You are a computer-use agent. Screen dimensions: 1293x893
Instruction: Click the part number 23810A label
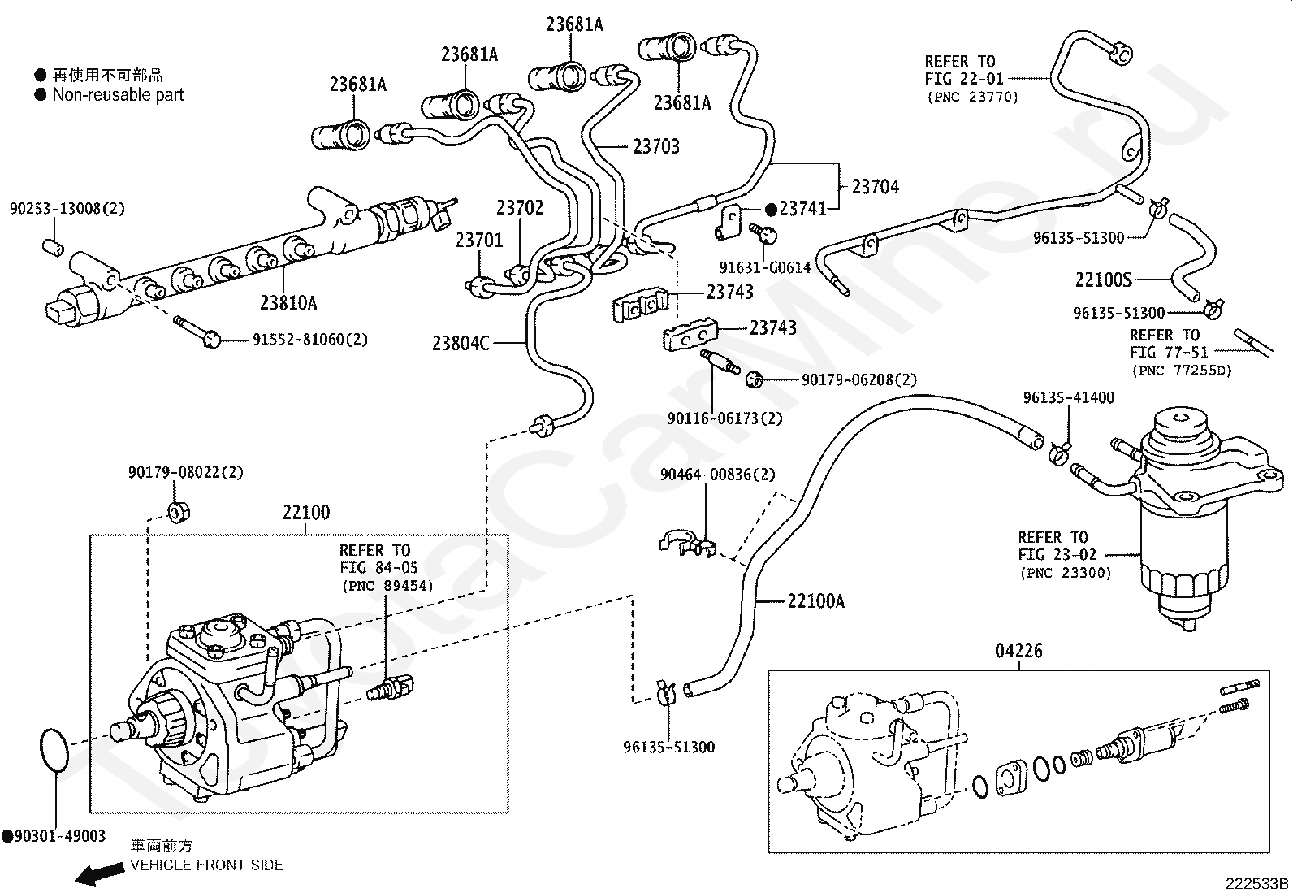(288, 302)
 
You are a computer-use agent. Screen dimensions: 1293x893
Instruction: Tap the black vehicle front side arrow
(99, 874)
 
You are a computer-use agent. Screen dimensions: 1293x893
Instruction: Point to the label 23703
(656, 147)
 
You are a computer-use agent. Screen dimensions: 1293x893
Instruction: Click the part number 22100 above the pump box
(306, 513)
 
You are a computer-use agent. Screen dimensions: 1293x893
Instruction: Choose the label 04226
(1018, 651)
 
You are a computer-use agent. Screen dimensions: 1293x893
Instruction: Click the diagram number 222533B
(1257, 883)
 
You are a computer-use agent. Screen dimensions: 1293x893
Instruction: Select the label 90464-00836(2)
(717, 475)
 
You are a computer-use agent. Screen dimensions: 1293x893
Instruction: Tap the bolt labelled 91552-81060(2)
(197, 332)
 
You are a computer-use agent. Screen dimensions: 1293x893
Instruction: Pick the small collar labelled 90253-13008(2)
(53, 247)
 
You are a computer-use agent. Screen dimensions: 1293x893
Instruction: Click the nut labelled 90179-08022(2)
(179, 513)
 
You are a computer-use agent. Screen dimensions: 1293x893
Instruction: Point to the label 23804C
(461, 344)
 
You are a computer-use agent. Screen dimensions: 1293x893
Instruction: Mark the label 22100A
(815, 602)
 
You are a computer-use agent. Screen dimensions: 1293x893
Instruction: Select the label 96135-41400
(1069, 397)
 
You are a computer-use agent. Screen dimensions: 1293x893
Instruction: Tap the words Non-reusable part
(118, 95)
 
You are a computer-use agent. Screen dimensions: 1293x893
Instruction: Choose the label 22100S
(1103, 280)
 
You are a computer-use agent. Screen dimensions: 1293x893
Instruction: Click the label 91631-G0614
(765, 267)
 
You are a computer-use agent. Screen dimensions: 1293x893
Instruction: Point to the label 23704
(875, 187)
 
